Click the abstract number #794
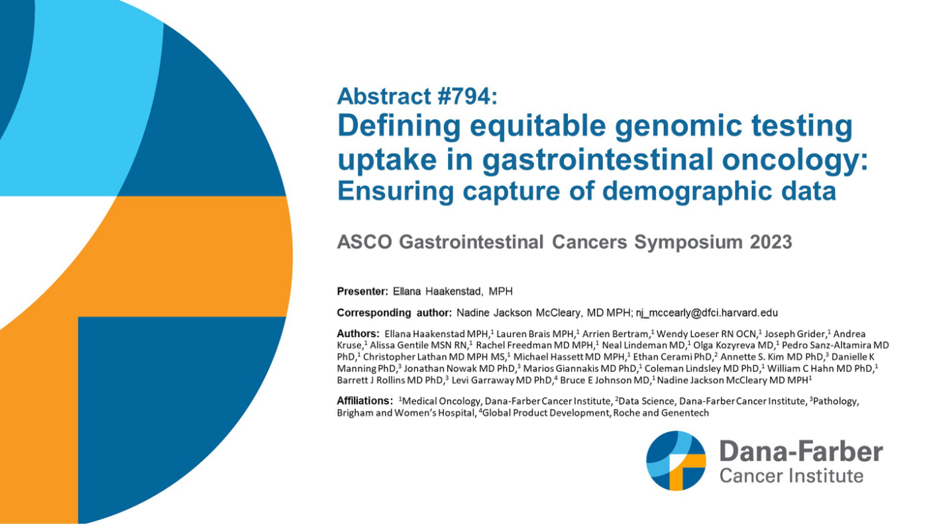point(462,96)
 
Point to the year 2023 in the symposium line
point(771,242)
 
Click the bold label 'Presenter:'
point(362,292)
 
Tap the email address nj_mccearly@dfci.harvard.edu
point(707,312)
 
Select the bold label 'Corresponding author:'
point(394,312)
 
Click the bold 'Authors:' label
point(358,334)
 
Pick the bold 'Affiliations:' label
point(364,401)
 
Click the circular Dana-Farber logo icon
point(677,460)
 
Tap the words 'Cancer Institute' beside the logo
point(791,476)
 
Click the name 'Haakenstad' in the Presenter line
point(454,292)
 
